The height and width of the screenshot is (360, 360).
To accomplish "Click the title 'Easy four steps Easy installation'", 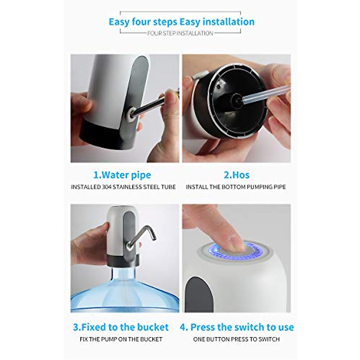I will coord(181,22).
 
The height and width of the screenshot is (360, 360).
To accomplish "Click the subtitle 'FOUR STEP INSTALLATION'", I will coord(180,33).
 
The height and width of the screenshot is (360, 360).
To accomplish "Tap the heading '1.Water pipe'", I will coord(122,175).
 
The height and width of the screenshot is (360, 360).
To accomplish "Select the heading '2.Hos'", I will coord(236,175).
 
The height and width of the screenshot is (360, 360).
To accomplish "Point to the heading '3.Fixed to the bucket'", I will coord(121,327).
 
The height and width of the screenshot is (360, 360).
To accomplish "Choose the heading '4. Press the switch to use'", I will coord(236,327).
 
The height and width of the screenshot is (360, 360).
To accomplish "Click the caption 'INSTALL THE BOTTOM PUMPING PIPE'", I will coord(236,187).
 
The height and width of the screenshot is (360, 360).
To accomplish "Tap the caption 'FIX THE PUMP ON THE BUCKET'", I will coord(121,339).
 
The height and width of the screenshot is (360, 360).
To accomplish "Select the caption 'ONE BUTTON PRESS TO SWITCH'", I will coord(236,339).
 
